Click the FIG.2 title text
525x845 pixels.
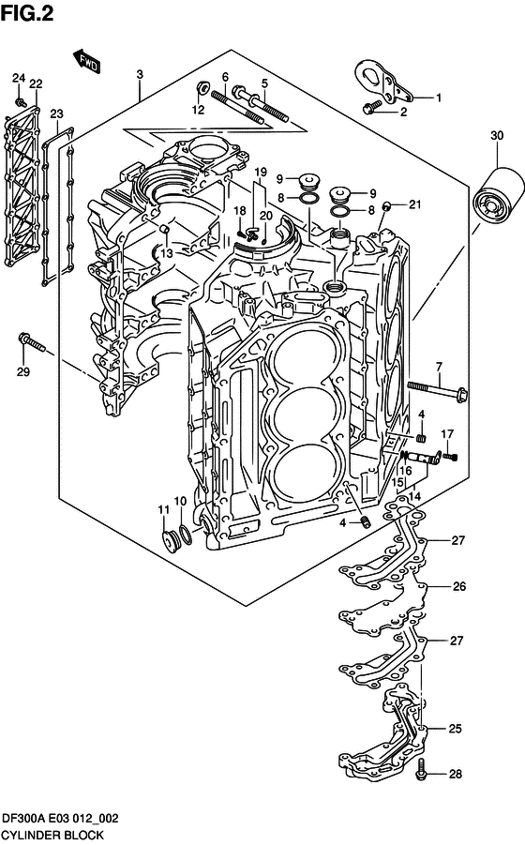[27, 13]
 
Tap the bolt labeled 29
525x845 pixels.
[32, 341]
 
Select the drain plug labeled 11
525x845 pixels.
[171, 540]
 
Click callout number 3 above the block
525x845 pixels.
[140, 74]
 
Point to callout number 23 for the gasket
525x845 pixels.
[56, 113]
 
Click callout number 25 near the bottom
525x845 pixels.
[455, 729]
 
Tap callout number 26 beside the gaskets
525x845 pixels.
[458, 586]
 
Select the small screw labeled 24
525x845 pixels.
[21, 102]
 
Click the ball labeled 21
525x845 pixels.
[386, 204]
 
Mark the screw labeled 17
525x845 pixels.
[449, 457]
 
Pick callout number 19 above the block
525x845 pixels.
[261, 173]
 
